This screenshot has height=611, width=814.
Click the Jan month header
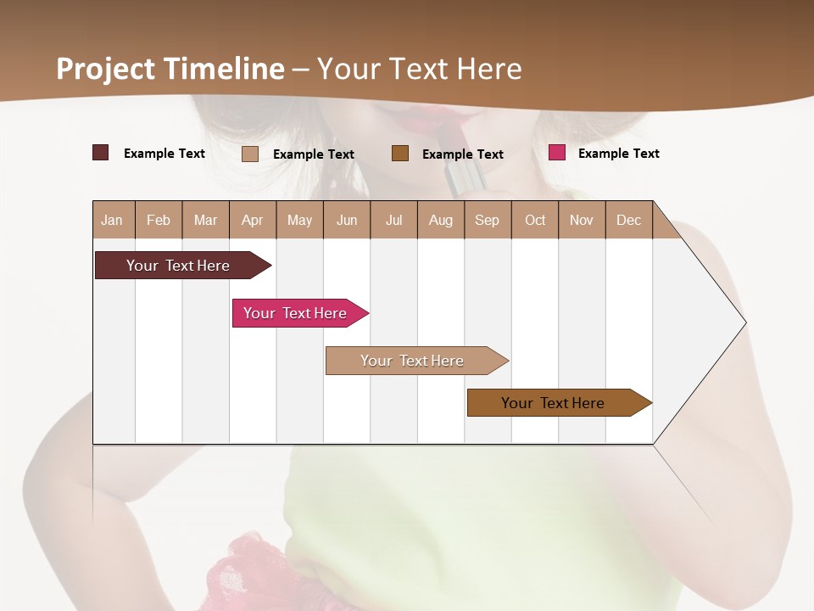113,220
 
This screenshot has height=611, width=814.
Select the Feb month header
159,220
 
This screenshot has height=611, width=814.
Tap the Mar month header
205,220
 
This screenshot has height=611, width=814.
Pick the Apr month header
253,220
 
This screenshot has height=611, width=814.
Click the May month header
299,220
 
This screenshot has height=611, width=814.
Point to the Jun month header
347,220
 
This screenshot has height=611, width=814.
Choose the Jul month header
393,220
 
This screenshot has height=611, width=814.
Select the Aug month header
441,220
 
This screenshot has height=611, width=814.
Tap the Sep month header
488,220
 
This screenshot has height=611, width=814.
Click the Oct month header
535,220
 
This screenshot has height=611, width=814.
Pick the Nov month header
582,220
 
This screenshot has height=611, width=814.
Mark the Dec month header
628,220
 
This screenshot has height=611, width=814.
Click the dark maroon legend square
101,153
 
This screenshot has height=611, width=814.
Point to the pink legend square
557,153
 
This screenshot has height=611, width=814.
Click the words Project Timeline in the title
170,69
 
